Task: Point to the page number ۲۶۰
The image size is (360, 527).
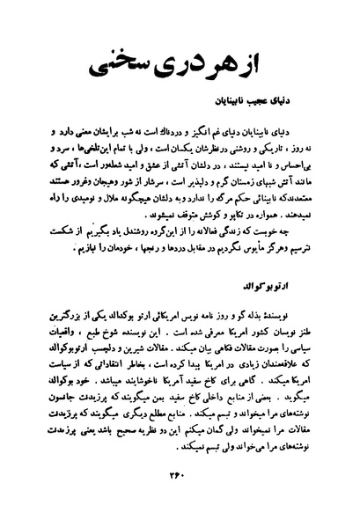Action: pyautogui.click(x=180, y=500)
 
